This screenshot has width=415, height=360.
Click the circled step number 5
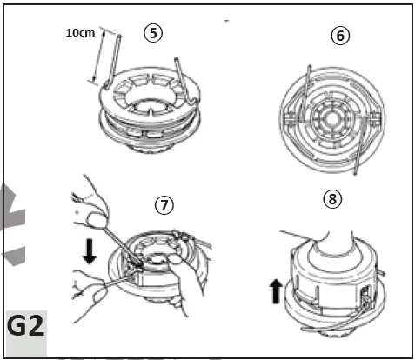tap(152, 34)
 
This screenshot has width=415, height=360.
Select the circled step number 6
tap(338, 36)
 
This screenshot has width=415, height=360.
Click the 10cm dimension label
tap(80, 32)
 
